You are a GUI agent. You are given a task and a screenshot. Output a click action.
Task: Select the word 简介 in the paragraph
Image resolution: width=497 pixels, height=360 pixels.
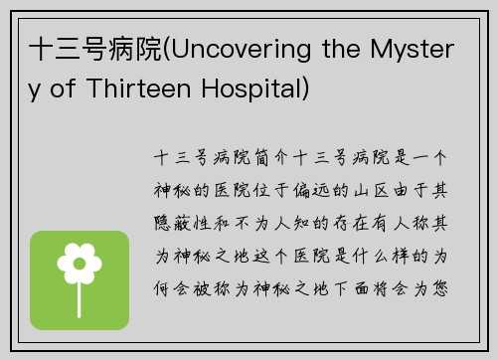pos(271,157)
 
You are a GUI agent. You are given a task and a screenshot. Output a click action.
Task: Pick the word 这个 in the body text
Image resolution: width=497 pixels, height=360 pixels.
pos(271,256)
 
